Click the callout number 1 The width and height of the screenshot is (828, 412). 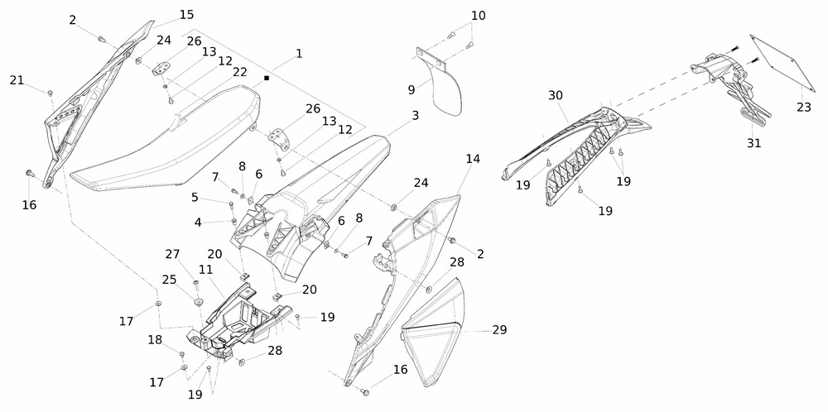point(299,53)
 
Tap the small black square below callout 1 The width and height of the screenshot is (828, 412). point(267,79)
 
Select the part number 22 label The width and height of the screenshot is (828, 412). point(240,72)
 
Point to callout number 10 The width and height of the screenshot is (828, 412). point(479,16)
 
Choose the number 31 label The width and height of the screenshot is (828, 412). point(753,142)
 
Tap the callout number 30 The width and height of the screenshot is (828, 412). point(556,95)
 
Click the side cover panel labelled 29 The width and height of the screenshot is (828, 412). point(439,331)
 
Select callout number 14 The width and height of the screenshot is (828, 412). point(472,158)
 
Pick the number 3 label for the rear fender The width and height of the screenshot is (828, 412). point(415,115)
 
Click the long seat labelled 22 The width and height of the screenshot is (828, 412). point(166,149)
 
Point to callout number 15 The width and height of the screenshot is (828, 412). point(186,15)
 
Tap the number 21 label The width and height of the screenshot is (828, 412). point(17,79)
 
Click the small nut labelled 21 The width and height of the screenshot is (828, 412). point(51,91)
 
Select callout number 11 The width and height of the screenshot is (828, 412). point(205,270)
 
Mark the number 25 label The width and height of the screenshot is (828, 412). point(170,280)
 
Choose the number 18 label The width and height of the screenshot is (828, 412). point(155,340)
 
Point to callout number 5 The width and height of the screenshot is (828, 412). point(195,198)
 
